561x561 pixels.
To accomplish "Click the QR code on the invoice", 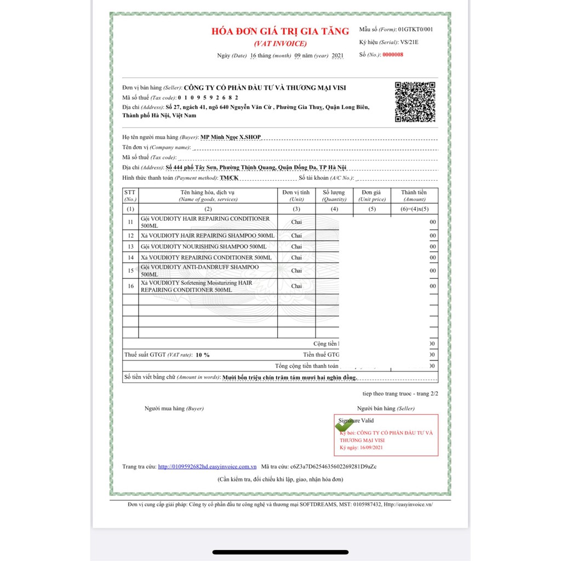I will tap(415, 102).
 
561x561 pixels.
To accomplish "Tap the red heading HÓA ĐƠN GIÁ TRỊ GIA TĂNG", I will tap(280, 31).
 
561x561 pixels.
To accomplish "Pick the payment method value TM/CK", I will tap(229, 178).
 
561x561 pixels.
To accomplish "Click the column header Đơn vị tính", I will tap(296, 192).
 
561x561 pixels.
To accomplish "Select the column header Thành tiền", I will tap(414, 192).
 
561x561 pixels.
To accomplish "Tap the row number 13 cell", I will tap(130, 247).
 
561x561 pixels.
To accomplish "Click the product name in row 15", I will tap(199, 271).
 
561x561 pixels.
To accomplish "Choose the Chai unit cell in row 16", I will tap(296, 286).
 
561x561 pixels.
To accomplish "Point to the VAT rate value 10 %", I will tap(203, 355).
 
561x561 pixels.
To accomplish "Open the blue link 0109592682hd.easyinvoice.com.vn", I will tap(207, 467).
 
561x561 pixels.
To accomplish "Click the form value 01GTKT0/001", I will tap(415, 30).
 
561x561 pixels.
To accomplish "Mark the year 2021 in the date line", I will tap(337, 56).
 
